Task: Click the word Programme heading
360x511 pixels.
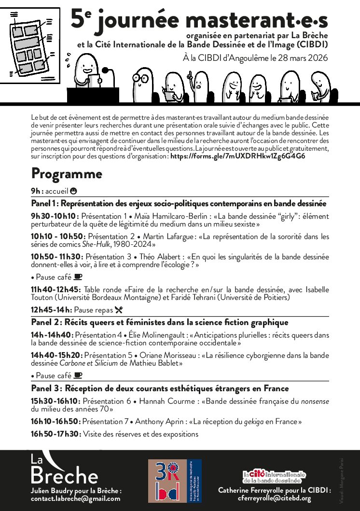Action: (67, 173)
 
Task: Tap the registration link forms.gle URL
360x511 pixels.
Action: (237, 156)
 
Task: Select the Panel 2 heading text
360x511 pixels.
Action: (159, 322)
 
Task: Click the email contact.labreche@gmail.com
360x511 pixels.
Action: (75, 499)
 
